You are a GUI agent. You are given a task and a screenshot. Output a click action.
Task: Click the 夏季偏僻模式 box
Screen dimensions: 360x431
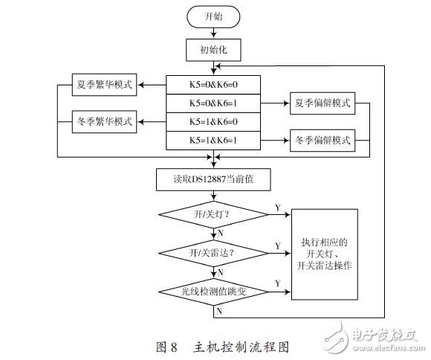[322, 102]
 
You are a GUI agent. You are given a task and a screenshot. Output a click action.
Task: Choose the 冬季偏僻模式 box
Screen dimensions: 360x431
[322, 139]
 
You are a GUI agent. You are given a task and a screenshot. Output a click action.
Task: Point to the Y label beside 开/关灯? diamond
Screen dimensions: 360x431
[278, 208]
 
